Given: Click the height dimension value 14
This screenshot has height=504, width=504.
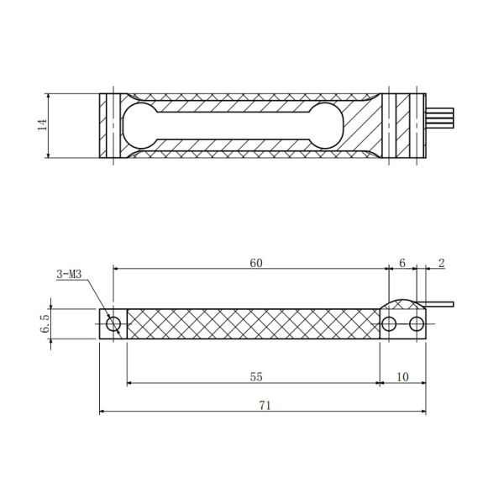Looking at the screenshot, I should tap(41, 124).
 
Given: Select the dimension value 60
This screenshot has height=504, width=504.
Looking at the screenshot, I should tap(256, 263).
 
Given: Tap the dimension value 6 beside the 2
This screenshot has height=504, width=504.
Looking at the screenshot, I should tap(402, 263).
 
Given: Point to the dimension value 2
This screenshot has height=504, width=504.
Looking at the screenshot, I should tap(442, 263).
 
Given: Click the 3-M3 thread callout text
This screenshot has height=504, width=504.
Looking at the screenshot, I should tap(70, 275).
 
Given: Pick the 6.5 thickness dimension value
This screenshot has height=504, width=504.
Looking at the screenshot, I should tap(45, 323).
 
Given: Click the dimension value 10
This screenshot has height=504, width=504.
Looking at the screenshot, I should tap(402, 378).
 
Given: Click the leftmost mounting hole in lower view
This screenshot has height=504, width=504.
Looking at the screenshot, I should tap(113, 323).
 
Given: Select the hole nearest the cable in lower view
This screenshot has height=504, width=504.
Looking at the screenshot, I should tap(417, 323).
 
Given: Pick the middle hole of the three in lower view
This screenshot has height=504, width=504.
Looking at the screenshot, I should tap(389, 323).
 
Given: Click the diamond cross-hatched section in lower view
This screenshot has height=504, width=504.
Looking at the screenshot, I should tap(252, 323).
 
